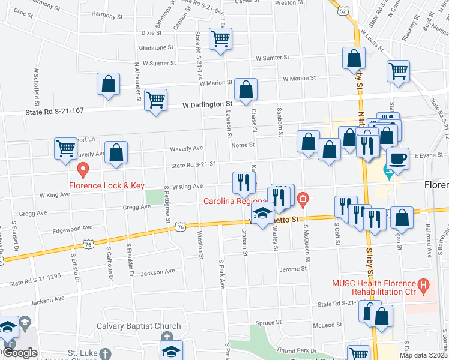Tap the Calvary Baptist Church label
click(x=139, y=326)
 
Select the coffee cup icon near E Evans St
click(x=397, y=159)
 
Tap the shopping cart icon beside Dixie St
click(x=220, y=39)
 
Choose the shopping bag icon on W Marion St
click(x=246, y=90)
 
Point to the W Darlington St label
click(x=207, y=105)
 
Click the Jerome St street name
click(x=293, y=269)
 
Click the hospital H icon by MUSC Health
click(x=424, y=286)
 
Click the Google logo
click(x=19, y=353)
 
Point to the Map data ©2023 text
click(x=423, y=355)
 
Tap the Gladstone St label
click(x=155, y=47)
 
